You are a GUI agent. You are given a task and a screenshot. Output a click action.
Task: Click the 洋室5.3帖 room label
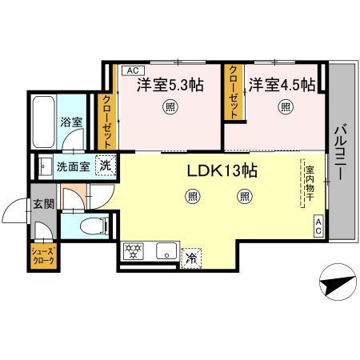(169, 85)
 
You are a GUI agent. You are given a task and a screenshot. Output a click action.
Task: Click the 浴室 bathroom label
(71, 122)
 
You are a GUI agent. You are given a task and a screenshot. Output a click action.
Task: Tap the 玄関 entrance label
(44, 203)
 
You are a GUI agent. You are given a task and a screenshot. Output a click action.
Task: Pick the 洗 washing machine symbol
(106, 166)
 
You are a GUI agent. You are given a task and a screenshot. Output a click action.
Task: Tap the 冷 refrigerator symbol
(192, 258)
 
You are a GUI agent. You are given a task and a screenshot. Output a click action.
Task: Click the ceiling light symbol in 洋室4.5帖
(285, 106)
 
